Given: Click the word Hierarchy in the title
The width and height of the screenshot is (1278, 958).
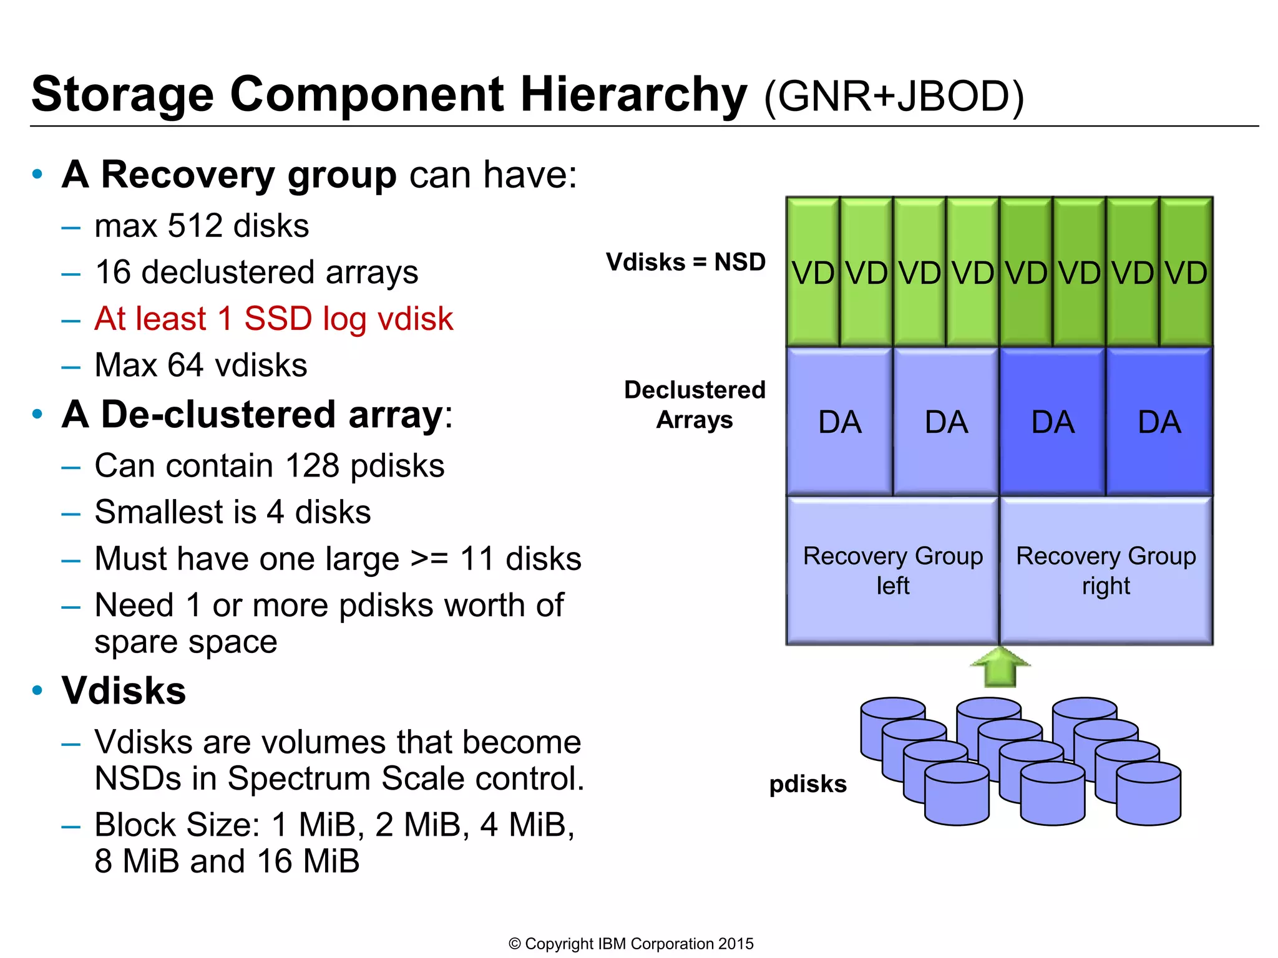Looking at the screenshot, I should tap(633, 95).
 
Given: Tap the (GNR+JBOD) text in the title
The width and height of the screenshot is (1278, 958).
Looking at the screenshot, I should tap(894, 97).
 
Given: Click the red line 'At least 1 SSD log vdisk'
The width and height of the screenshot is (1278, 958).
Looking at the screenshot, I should tap(273, 319).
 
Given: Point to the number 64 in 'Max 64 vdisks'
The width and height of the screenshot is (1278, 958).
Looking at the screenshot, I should tap(185, 365).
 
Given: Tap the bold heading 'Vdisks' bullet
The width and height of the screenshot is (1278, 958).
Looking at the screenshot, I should tap(124, 690).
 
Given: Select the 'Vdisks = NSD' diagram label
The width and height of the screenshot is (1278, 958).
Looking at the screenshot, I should tap(685, 262).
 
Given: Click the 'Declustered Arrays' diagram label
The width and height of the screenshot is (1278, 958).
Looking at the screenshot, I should tap(695, 405).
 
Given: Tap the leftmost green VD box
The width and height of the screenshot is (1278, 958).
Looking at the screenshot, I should tap(812, 272).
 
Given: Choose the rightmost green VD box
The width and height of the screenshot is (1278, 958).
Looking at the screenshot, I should tap(1186, 272).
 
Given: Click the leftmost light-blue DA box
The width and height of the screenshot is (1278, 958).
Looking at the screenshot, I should tap(839, 422).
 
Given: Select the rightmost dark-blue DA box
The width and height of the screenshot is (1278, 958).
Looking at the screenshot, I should tap(1159, 422).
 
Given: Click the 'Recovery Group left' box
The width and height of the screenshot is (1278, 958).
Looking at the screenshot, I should tap(892, 570).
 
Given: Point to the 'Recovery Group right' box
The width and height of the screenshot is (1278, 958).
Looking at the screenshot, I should tap(1106, 570).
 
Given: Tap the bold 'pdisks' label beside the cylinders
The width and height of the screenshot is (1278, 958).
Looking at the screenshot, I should tap(807, 784).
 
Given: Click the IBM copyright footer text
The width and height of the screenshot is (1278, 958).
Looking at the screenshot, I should tap(631, 944).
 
